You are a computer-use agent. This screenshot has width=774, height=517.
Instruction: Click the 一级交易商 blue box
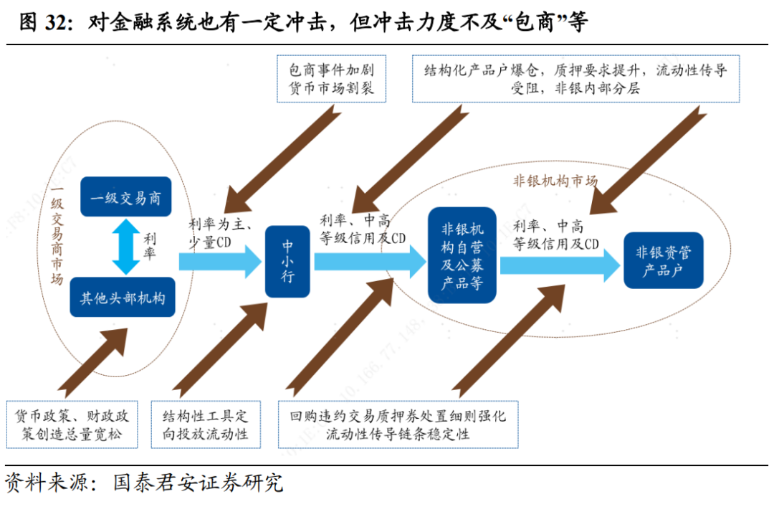pyautogui.click(x=125, y=197)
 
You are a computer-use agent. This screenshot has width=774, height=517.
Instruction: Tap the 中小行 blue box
pyautogui.click(x=287, y=261)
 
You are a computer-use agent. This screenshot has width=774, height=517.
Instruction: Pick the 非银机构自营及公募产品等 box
pyautogui.click(x=462, y=255)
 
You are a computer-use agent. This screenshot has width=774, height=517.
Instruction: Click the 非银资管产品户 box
pyautogui.click(x=663, y=260)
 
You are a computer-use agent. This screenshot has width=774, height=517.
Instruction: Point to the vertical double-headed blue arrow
pyautogui.click(x=126, y=247)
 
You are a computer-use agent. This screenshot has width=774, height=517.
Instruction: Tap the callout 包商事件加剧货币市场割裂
pyautogui.click(x=331, y=80)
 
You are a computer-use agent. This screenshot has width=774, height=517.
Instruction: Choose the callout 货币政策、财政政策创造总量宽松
pyautogui.click(x=72, y=424)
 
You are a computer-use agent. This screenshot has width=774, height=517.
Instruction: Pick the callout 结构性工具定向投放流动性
pyautogui.click(x=205, y=424)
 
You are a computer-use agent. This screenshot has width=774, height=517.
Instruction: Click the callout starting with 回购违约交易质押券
pyautogui.click(x=398, y=424)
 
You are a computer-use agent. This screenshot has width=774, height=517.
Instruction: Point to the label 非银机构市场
pyautogui.click(x=555, y=181)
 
